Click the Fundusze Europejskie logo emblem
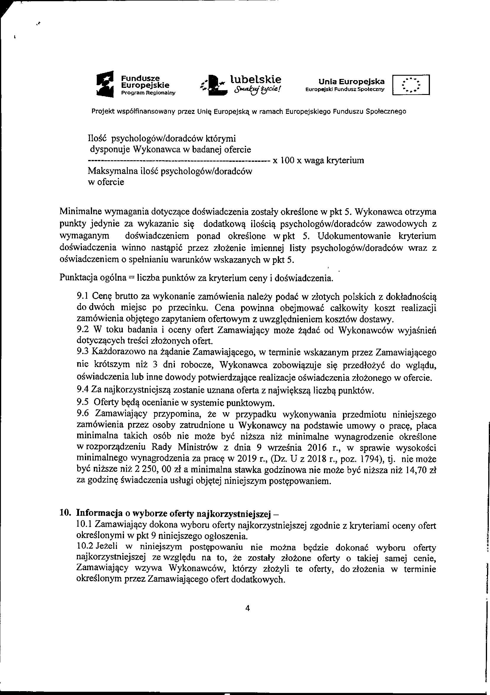point(104,84)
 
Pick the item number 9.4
point(81,391)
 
